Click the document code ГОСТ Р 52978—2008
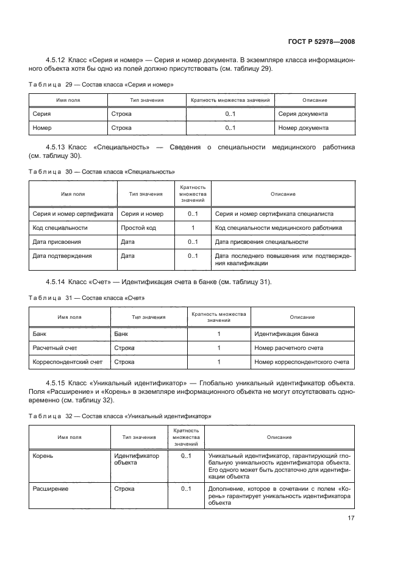pos(321,42)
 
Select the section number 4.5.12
pos(56,60)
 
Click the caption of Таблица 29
pos(101,85)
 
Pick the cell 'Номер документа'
pos(303,128)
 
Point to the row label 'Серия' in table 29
pos(42,114)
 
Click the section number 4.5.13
pos(56,148)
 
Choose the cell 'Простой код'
pos(138,228)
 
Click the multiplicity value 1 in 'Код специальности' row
pos(193,228)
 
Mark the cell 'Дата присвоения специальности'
pos(261,242)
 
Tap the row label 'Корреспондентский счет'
pos(67,362)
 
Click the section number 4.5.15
pos(56,382)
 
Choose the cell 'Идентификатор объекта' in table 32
pos(136,458)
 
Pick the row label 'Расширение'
pos(50,489)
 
